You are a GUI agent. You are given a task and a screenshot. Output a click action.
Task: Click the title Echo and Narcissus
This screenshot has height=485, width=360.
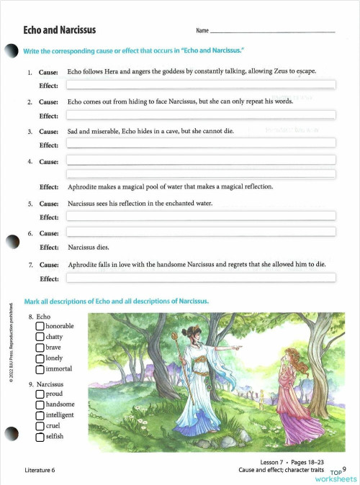tap(60, 30)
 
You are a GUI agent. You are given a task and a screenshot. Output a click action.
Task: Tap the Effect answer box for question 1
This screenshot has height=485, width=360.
tap(201, 86)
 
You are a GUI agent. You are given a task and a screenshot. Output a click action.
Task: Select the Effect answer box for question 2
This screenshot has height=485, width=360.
tap(201, 116)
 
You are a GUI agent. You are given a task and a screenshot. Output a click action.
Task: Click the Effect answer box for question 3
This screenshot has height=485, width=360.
tap(201, 145)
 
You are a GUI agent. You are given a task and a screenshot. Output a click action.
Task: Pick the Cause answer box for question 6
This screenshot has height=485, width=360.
tap(201, 232)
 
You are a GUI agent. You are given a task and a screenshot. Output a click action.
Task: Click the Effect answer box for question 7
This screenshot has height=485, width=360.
tap(201, 278)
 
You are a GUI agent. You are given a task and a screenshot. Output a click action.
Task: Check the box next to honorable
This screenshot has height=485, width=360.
tap(40, 327)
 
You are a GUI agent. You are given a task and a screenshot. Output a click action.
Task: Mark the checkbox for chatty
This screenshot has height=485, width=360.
tap(40, 337)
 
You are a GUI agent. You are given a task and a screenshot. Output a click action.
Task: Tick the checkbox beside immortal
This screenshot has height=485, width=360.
tap(40, 369)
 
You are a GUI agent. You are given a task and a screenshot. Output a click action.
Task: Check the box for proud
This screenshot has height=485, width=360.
tap(40, 394)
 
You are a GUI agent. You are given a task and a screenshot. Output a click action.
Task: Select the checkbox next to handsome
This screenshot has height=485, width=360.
tap(40, 404)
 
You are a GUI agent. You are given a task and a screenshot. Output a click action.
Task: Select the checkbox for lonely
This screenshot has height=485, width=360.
tap(40, 358)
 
